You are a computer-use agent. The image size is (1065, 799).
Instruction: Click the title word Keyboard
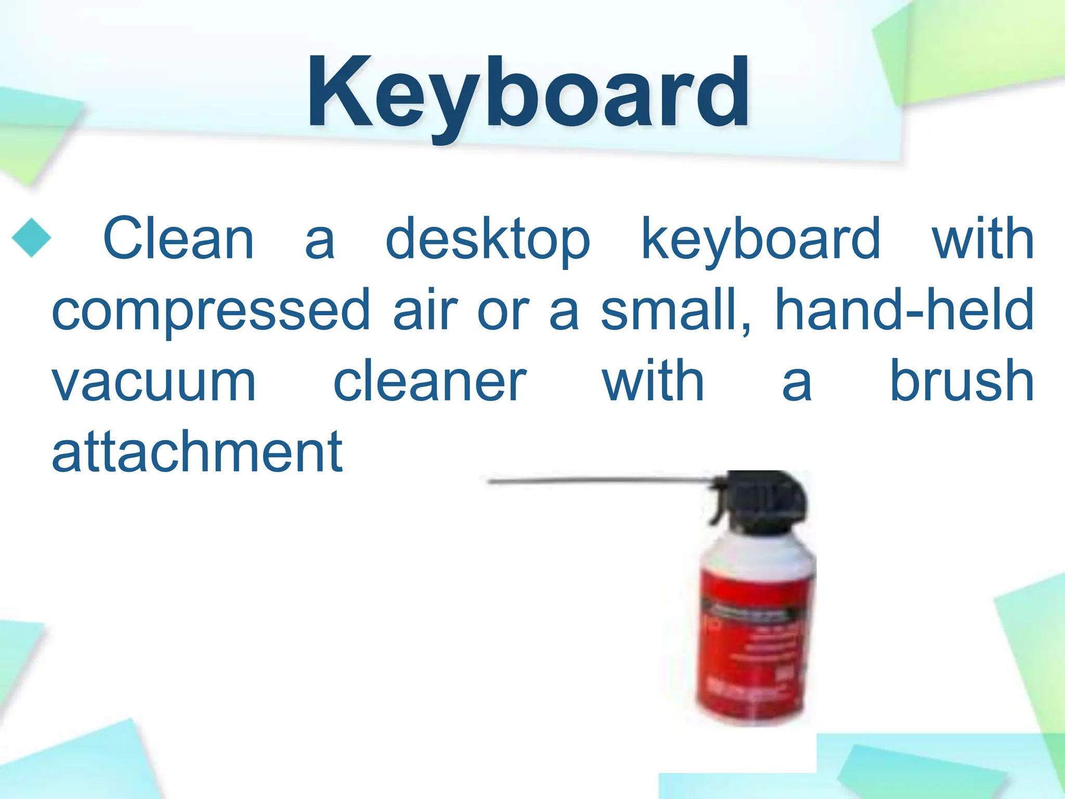coord(528,94)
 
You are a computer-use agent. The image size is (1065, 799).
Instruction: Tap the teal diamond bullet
coord(31,238)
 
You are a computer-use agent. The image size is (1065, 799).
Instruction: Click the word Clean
coord(178,238)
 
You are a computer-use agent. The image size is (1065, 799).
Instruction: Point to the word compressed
coord(211,311)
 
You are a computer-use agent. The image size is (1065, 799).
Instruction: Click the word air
coord(425,310)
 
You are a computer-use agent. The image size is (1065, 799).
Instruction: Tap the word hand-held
coord(904,310)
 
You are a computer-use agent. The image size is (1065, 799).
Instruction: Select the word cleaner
coord(430,381)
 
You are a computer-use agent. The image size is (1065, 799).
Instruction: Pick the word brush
coord(962,381)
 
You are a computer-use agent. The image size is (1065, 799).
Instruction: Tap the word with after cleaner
coord(653,381)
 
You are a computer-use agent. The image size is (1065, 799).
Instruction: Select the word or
coord(503,311)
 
